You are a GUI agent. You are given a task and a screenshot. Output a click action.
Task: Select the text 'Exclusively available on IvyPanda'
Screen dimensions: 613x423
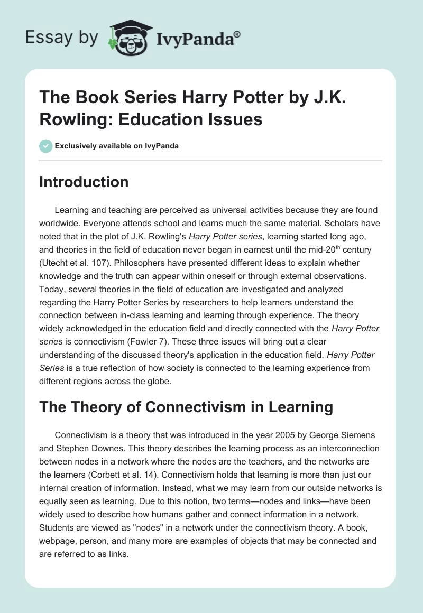click(116, 146)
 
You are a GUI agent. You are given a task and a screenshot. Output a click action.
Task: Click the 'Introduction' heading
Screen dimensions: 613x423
click(84, 182)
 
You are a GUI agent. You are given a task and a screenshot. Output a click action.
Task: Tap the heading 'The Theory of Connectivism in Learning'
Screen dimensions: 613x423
click(186, 407)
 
